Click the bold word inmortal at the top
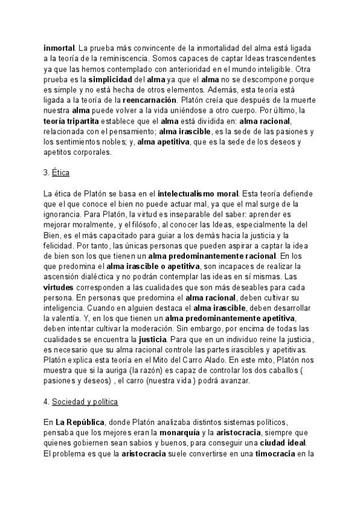[59, 47]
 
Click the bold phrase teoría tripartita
[71, 123]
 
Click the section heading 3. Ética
[57, 173]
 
